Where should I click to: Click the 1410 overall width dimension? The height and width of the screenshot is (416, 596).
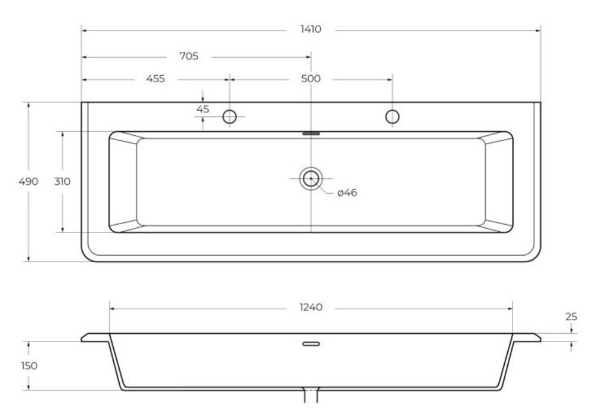(x=311, y=29)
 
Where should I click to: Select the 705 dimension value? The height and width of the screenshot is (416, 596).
(x=189, y=56)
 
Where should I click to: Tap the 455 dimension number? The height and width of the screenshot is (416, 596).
(x=156, y=79)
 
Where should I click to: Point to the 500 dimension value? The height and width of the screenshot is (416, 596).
(x=311, y=79)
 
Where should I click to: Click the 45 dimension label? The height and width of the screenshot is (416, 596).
(x=203, y=109)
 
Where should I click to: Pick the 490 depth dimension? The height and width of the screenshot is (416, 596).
(x=29, y=181)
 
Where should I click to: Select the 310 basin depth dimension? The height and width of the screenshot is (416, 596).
(x=62, y=181)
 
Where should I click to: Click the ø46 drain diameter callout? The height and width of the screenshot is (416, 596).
(x=347, y=193)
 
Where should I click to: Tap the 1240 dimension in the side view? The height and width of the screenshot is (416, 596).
(x=311, y=308)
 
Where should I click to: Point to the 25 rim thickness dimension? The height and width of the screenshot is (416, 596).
(x=571, y=316)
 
